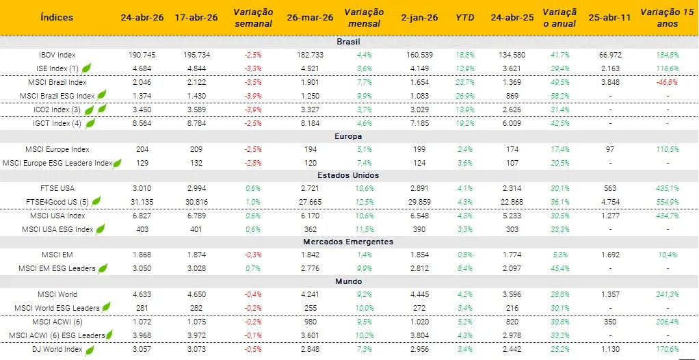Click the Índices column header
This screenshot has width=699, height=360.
coord(57,17)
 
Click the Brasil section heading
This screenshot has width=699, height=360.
coord(348,42)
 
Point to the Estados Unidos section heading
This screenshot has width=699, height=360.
coord(348,175)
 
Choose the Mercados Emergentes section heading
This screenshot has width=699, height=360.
coord(348,242)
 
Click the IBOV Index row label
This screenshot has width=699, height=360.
coord(57,55)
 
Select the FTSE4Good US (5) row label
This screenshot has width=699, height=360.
coord(57,201)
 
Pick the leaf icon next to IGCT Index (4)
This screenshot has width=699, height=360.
coord(89,123)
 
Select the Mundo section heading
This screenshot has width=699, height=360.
coord(348,281)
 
